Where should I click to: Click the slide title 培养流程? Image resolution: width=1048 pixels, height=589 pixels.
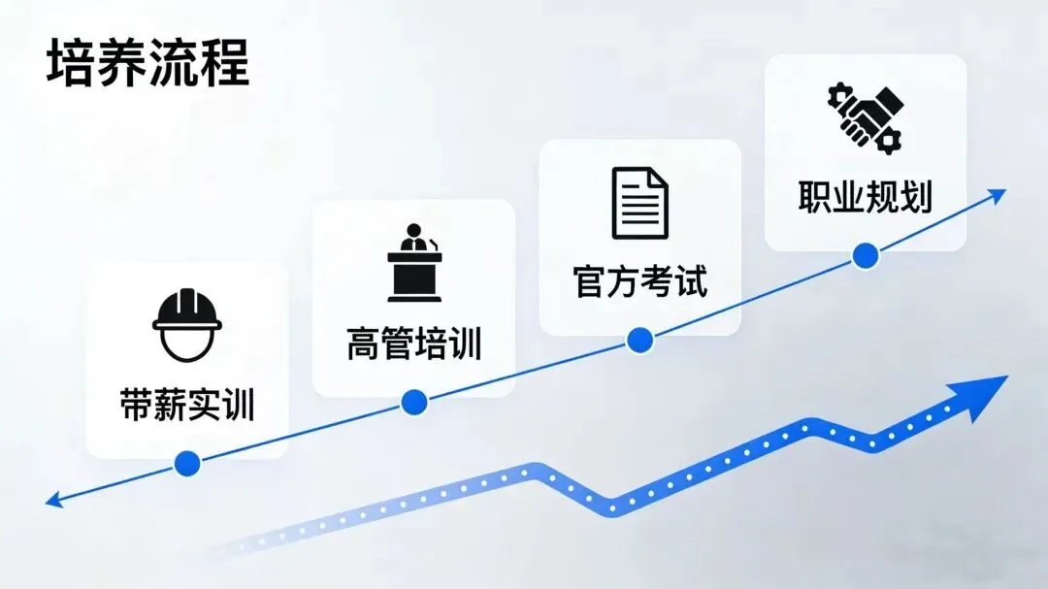click(147, 63)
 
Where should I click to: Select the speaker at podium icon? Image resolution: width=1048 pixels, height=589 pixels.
click(414, 263)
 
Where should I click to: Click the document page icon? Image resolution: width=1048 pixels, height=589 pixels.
click(639, 203)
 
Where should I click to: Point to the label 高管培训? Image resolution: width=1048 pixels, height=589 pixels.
click(414, 344)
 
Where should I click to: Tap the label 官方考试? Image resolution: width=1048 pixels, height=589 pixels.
click(639, 281)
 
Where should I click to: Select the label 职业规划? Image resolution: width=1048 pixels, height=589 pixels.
click(865, 196)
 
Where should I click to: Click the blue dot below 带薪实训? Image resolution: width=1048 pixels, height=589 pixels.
click(187, 463)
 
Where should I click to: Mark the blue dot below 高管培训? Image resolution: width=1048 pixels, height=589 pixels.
click(414, 401)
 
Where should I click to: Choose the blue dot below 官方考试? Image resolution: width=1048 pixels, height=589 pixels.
click(639, 340)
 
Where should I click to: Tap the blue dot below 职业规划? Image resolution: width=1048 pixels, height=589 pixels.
click(865, 256)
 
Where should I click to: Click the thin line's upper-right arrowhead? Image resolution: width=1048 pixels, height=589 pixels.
click(998, 194)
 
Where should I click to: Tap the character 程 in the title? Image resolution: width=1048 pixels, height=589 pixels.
click(224, 63)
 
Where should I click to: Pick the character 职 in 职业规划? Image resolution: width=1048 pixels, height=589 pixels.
click(815, 196)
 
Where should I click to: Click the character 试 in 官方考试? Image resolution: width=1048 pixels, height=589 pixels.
click(691, 281)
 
